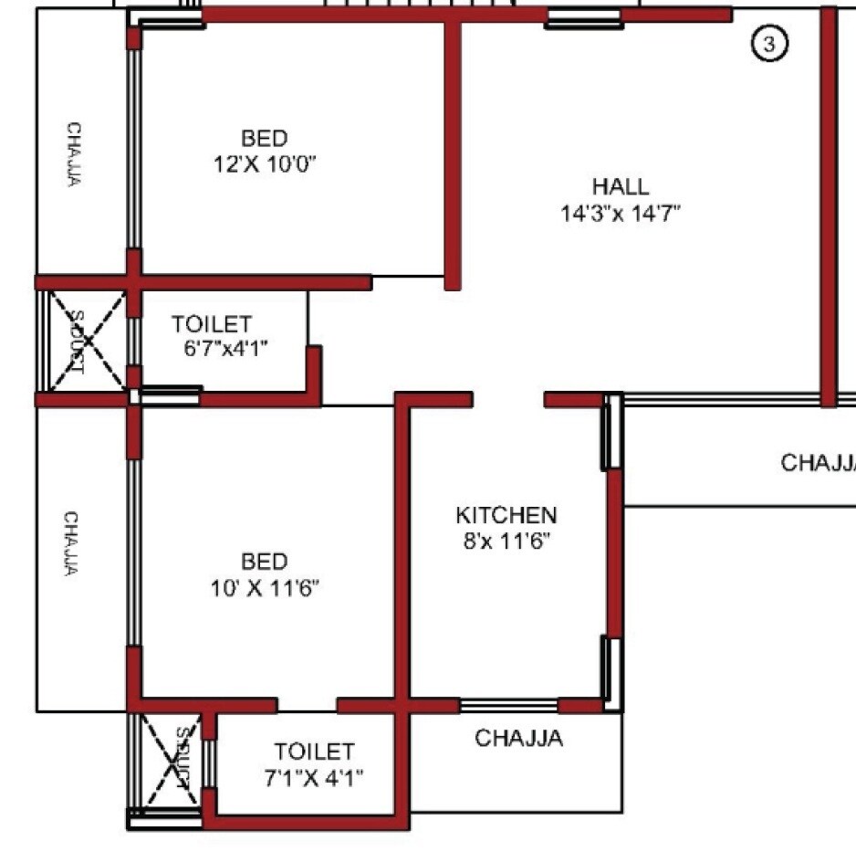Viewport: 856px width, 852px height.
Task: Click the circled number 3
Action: point(768,43)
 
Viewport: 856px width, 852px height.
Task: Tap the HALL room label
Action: point(621,187)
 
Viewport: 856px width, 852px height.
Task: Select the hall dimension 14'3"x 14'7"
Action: point(621,214)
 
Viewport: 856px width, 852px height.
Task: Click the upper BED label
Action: point(265,139)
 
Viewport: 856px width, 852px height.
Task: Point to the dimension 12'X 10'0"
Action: point(265,164)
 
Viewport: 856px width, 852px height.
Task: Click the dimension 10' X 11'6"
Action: point(265,587)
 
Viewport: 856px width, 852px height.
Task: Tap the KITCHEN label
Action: point(506,515)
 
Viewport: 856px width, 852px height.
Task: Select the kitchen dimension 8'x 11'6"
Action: point(506,540)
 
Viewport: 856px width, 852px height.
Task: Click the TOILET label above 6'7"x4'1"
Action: point(211,324)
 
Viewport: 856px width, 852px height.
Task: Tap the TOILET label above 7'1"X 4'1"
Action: point(314,752)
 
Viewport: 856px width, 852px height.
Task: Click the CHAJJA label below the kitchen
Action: point(518,738)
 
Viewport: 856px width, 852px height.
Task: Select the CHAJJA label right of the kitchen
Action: point(818,463)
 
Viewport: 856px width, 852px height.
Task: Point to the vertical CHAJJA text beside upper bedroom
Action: point(72,154)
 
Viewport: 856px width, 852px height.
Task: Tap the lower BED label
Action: point(265,561)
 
